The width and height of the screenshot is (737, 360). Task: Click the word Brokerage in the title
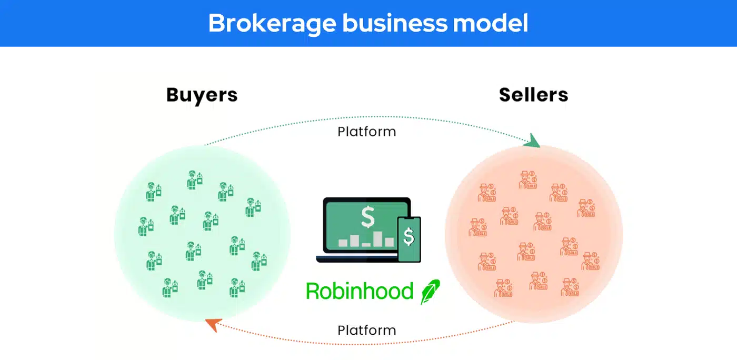coord(273,24)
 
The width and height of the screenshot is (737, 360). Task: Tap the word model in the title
coord(491,23)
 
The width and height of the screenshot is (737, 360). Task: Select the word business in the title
coord(395,23)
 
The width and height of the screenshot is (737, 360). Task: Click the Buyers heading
coord(202,95)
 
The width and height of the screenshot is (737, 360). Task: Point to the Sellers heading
coord(533,95)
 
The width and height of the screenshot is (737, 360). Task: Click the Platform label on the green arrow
coord(367,132)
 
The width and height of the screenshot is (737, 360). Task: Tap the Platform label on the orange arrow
coord(367,331)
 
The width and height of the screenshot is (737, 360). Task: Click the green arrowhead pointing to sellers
coord(532,141)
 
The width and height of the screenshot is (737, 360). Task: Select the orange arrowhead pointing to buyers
coord(214,324)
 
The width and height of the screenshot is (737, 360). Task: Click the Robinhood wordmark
coord(359,291)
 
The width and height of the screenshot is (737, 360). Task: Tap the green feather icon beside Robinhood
coord(430,292)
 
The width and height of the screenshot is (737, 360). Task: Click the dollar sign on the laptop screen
coord(367,217)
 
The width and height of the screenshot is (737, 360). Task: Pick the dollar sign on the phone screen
coord(409,237)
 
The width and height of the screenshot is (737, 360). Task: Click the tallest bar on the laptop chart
coord(377,239)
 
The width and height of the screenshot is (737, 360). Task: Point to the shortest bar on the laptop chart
coord(366,245)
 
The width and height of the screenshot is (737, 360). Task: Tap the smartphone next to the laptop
coord(409,239)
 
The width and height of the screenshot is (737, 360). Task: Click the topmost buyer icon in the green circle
coord(195,180)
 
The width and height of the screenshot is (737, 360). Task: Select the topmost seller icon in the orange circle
coord(528,180)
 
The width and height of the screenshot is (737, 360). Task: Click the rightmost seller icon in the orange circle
coord(591,261)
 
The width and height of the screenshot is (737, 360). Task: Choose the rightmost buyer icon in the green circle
coord(259,261)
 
